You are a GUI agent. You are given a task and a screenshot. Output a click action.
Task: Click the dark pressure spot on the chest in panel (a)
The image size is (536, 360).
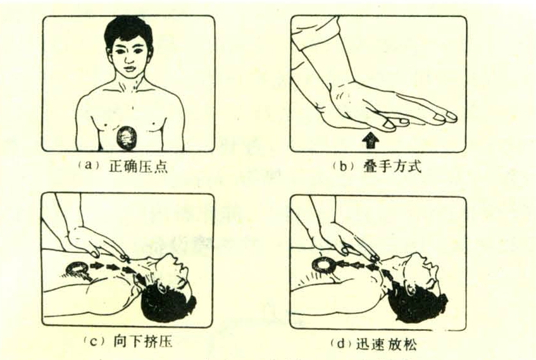[x=127, y=138]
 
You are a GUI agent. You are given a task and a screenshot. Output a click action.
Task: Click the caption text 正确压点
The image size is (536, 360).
[x=138, y=166]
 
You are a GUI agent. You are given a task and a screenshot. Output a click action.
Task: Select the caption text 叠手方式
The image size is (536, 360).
[x=392, y=166]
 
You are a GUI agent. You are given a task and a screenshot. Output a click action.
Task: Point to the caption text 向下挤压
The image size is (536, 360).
[x=143, y=342]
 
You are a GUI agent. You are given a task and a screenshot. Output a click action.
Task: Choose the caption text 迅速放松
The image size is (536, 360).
[x=386, y=344]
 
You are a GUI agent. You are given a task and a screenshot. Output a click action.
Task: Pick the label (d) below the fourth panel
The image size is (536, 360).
[x=340, y=344]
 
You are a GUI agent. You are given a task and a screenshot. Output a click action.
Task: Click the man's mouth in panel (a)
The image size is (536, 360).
[x=129, y=68]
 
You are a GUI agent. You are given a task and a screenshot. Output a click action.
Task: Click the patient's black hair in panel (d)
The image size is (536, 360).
[x=419, y=304]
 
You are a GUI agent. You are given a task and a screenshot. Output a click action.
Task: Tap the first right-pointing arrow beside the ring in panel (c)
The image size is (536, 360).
[x=97, y=265]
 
